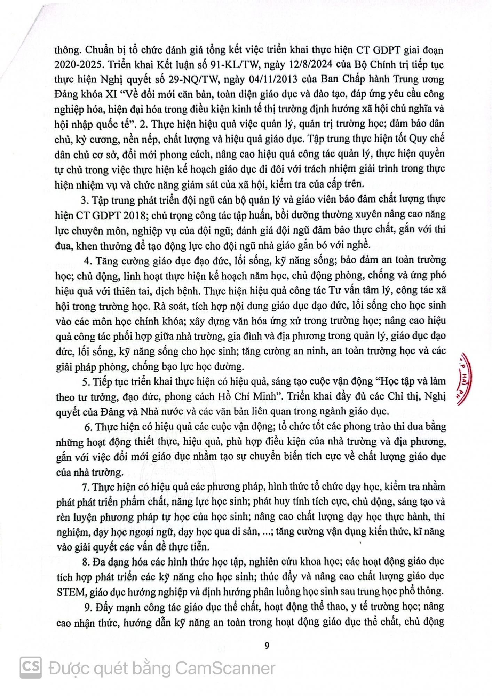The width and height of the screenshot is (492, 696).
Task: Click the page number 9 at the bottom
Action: [267, 646]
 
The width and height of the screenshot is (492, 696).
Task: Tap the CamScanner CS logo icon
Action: [31, 668]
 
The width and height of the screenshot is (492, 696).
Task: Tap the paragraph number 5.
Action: [85, 381]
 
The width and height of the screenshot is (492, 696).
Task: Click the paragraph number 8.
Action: [85, 561]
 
